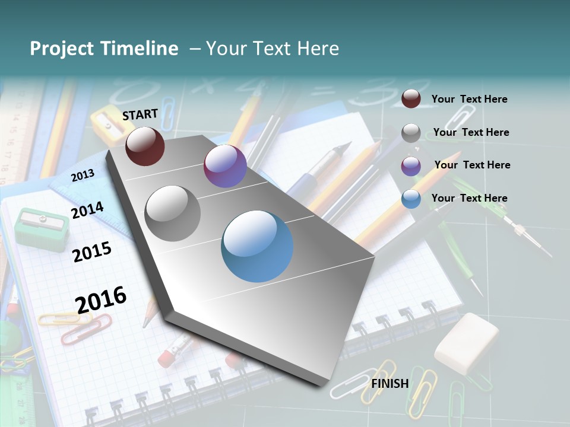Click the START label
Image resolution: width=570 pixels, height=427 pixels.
point(140,114)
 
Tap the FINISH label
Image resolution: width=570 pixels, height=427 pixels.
point(389,383)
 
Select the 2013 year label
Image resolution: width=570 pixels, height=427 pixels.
point(83,175)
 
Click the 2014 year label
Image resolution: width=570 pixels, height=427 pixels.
point(87,210)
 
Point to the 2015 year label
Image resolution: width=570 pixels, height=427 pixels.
point(91,252)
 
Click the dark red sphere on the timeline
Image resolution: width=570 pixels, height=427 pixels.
point(145,146)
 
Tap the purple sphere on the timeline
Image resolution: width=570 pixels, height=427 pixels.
point(225,166)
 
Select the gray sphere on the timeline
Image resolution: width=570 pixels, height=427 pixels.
point(173,213)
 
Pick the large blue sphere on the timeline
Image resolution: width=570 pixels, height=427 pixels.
point(257,246)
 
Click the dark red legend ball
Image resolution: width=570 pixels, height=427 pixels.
point(411,98)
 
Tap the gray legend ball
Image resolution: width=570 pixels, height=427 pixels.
point(411,133)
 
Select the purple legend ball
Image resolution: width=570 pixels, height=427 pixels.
point(411,166)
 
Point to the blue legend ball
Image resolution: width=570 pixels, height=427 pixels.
point(411,199)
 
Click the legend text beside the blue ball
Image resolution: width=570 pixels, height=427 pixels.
point(469,198)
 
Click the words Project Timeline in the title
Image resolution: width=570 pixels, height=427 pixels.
point(104,49)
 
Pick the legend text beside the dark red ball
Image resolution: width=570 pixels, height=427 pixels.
point(469,99)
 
